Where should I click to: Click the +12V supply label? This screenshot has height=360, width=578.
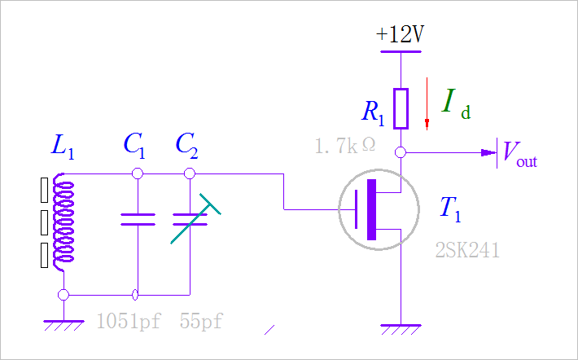pyautogui.click(x=401, y=35)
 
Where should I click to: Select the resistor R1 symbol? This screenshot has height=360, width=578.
pyautogui.click(x=401, y=108)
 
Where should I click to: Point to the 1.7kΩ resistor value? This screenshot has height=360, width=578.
pyautogui.click(x=345, y=147)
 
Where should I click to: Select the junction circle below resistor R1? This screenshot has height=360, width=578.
pyautogui.click(x=401, y=152)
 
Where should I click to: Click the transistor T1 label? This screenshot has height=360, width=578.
pyautogui.click(x=450, y=209)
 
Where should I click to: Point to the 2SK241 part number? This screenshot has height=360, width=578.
pyautogui.click(x=466, y=250)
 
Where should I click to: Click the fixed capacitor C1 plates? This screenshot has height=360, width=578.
pyautogui.click(x=138, y=219)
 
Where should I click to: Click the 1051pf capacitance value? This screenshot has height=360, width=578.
pyautogui.click(x=129, y=321)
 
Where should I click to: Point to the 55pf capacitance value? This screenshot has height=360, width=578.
pyautogui.click(x=200, y=321)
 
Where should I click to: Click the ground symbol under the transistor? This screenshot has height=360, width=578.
pyautogui.click(x=401, y=330)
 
